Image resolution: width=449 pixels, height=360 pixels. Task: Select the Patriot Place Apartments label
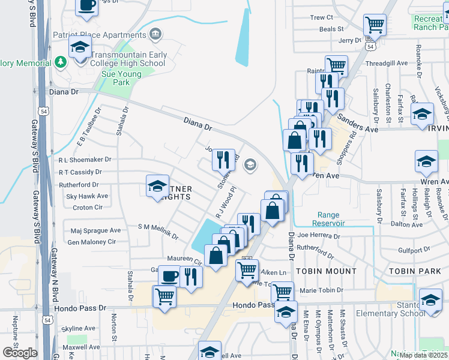[x=100, y=34]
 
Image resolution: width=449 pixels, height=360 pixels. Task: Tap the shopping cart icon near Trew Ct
[x=375, y=26]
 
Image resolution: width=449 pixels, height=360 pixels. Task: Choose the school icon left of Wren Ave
[x=426, y=162]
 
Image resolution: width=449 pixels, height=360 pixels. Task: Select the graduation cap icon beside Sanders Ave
[x=422, y=114]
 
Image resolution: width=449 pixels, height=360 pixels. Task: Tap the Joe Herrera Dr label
[x=318, y=236]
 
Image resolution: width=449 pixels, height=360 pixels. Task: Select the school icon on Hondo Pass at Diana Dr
[x=286, y=313]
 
